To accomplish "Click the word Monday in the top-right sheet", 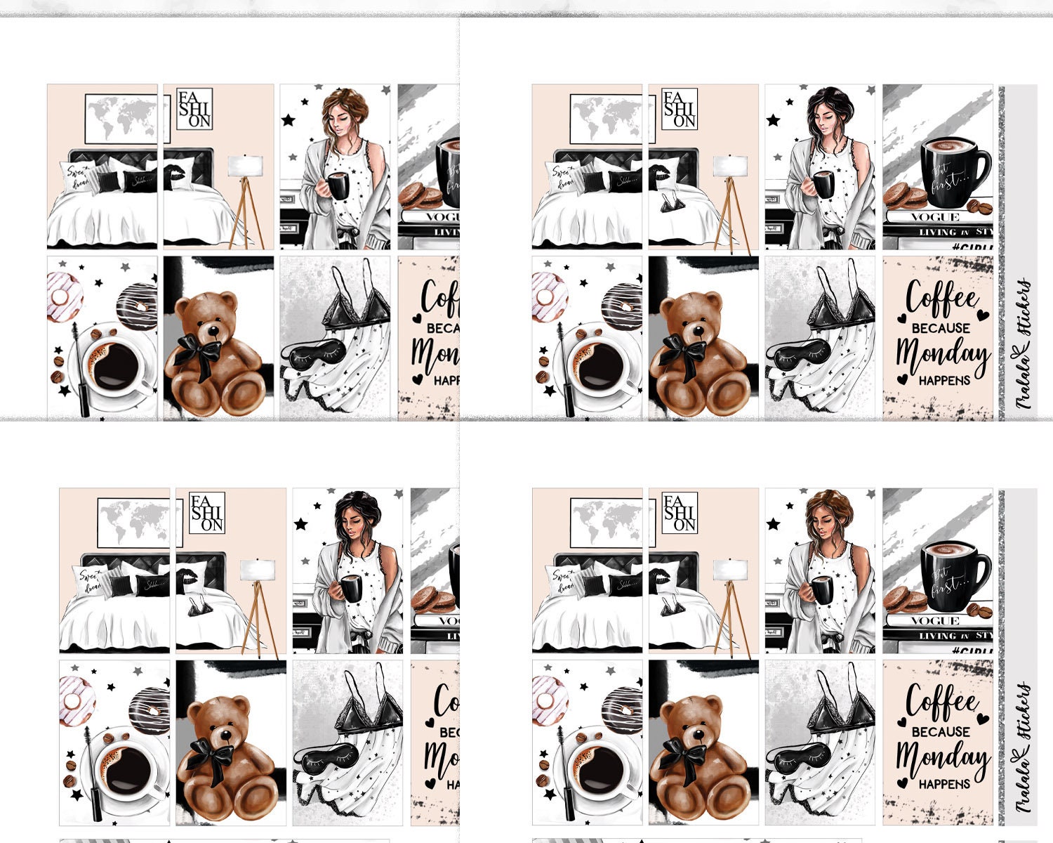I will tap(942, 354).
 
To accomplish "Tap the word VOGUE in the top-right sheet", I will tap(934, 217).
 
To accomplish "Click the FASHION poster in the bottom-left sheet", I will tap(207, 513).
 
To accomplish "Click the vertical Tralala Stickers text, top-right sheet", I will tap(1025, 344).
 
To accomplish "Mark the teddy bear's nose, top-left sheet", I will tap(211, 332).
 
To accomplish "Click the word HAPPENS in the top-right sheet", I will tap(944, 380).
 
